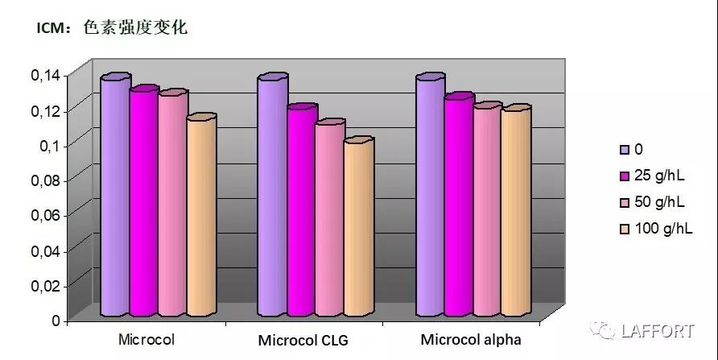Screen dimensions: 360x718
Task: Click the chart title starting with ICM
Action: tap(112, 28)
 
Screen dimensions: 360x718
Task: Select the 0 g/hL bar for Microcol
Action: tap(114, 197)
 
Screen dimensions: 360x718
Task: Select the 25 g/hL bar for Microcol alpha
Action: tap(458, 207)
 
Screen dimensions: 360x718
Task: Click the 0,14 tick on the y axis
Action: tap(45, 75)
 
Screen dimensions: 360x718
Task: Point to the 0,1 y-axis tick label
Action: tap(49, 145)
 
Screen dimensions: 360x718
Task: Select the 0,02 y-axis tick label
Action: tap(45, 285)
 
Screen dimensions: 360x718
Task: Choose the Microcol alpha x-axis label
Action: tap(471, 339)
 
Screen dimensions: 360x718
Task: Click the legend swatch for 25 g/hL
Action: tap(624, 175)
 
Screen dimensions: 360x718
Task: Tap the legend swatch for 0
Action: tap(624, 149)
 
